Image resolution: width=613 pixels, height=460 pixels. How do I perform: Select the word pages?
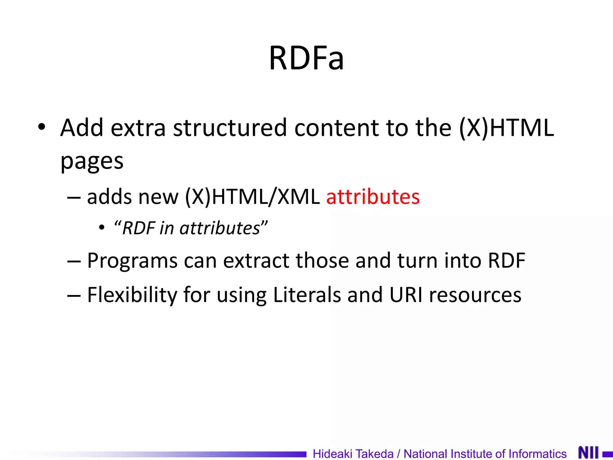(x=92, y=162)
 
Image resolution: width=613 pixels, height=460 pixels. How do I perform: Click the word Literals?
(x=307, y=295)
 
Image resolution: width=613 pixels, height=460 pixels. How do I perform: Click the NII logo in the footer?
(x=588, y=453)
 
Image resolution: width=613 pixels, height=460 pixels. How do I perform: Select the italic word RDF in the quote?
(x=139, y=228)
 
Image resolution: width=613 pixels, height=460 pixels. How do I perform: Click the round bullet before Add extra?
(x=42, y=127)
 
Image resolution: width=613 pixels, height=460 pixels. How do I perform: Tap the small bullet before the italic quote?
(x=102, y=228)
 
